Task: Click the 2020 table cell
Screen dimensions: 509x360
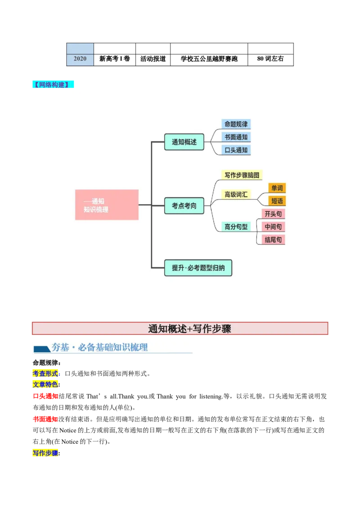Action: point(80,59)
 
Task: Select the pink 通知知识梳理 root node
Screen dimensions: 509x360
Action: point(107,205)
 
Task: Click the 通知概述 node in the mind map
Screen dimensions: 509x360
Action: point(184,142)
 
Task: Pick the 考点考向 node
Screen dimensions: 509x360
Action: point(184,205)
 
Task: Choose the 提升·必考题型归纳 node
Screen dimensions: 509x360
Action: point(198,268)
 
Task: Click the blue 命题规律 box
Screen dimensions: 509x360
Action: point(236,124)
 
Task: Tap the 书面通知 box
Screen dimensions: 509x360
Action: point(236,137)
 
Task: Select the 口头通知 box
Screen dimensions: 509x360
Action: point(236,150)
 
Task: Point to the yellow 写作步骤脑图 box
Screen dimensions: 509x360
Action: point(242,175)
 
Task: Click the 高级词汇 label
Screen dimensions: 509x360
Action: point(236,195)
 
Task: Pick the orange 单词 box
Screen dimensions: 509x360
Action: point(277,188)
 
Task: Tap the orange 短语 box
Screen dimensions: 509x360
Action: point(277,201)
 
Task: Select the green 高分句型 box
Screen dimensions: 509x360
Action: point(236,227)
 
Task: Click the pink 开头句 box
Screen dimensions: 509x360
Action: point(273,214)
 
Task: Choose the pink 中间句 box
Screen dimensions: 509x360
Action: point(273,227)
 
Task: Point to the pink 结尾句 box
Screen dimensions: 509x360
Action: point(273,240)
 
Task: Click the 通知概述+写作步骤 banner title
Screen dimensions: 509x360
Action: point(189,329)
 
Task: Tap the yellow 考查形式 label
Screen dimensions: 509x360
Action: point(45,373)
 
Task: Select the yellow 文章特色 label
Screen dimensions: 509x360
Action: point(45,384)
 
